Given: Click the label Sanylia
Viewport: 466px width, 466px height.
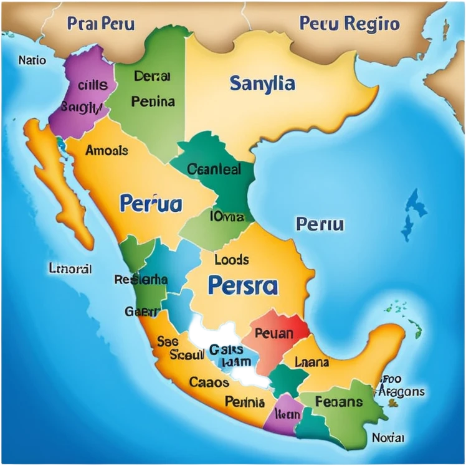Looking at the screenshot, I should pyautogui.click(x=262, y=83).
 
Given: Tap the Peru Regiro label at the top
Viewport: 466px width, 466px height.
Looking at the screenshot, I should pyautogui.click(x=349, y=24).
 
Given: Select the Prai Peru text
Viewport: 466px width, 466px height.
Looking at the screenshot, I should pyautogui.click(x=101, y=25).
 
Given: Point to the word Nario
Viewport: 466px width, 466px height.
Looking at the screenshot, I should pyautogui.click(x=32, y=60).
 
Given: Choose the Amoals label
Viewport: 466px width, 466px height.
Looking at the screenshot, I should pyautogui.click(x=107, y=150).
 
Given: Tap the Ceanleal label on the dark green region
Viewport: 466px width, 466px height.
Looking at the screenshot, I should pyautogui.click(x=214, y=169).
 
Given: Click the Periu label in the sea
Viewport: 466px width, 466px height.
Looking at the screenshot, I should pyautogui.click(x=320, y=224).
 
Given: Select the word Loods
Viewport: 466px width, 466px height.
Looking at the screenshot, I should pyautogui.click(x=231, y=259).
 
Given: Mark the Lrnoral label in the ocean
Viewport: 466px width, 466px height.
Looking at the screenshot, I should pyautogui.click(x=70, y=269).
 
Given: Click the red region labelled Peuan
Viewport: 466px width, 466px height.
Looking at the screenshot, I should pyautogui.click(x=275, y=335).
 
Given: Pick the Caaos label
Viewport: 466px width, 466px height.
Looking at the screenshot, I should pyautogui.click(x=209, y=382).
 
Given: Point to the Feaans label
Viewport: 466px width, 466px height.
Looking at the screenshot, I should pyautogui.click(x=338, y=401).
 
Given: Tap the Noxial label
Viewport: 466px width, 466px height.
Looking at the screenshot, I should pyautogui.click(x=388, y=437).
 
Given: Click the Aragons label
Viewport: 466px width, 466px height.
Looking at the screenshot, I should pyautogui.click(x=401, y=392).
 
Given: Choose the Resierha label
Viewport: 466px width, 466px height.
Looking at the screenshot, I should pyautogui.click(x=141, y=280).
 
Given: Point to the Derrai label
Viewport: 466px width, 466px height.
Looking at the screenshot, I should pyautogui.click(x=152, y=77).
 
